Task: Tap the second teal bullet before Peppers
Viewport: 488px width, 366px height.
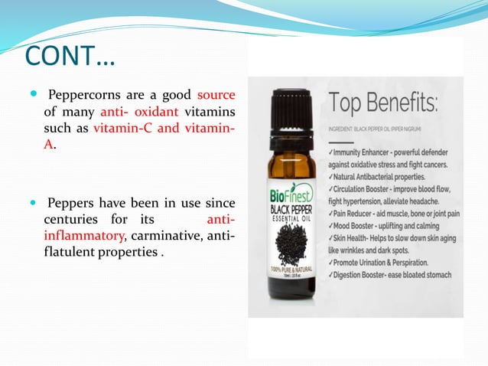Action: pos(32,204)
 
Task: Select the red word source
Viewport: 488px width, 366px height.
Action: pos(216,96)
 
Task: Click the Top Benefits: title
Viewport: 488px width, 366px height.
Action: pos(382,103)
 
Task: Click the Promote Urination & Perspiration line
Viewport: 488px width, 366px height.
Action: pos(386,263)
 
